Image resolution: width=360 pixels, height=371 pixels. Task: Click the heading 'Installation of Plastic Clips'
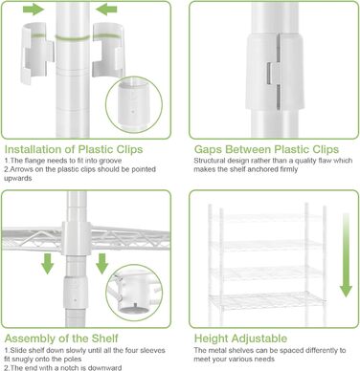[74, 149]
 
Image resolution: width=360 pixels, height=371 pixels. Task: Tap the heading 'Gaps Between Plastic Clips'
[266, 149]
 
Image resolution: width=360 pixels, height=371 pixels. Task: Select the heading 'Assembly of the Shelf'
[61, 338]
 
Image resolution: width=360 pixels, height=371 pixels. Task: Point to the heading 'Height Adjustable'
[240, 338]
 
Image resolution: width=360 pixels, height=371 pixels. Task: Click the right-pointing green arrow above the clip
[34, 10]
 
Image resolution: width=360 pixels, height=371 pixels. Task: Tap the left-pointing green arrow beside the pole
[106, 10]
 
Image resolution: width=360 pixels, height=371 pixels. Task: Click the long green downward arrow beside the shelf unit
[346, 255]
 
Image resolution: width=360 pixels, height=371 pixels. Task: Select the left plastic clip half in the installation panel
[37, 53]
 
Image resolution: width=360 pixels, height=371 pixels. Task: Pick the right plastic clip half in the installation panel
[108, 50]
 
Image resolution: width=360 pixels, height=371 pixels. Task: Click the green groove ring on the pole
[73, 38]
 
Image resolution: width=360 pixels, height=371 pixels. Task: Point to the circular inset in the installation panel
[134, 104]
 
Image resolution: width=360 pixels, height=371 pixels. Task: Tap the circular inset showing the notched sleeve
[134, 293]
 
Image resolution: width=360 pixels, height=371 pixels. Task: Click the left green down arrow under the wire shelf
[48, 264]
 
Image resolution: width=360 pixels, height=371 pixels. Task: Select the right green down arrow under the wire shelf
[102, 264]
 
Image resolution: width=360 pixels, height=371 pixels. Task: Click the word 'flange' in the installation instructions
[34, 161]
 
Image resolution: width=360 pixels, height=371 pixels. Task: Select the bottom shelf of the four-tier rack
[267, 300]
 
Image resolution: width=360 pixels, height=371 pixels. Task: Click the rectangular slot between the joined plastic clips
[270, 74]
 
